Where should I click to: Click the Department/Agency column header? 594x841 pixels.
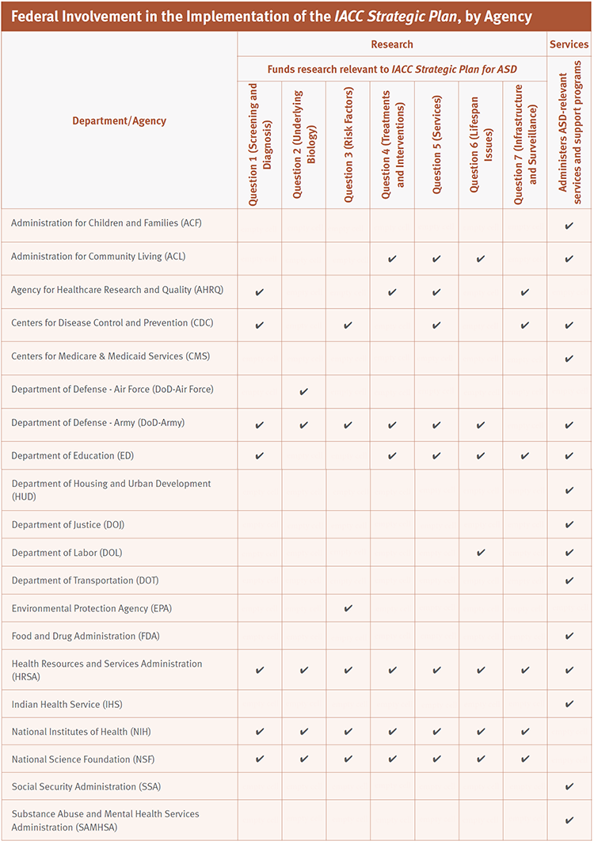119,121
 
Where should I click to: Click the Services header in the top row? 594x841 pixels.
569,44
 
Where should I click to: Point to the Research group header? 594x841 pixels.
391,44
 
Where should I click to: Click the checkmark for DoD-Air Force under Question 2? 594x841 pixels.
304,391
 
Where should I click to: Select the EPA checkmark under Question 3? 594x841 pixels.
348,608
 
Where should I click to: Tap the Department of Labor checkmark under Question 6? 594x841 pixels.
481,552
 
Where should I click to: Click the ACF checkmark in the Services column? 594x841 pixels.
569,226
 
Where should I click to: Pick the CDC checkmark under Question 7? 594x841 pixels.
525,325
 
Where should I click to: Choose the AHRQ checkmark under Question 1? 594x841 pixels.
260,292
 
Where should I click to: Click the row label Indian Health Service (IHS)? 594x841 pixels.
67,704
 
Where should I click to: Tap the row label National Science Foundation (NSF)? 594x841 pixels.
83,759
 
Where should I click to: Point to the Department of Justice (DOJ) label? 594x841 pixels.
68,525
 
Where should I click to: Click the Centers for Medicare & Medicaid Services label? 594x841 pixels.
110,356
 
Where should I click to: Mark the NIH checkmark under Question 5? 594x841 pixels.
436,732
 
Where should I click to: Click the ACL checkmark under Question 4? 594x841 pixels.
392,259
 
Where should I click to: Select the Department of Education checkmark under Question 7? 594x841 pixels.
525,456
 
